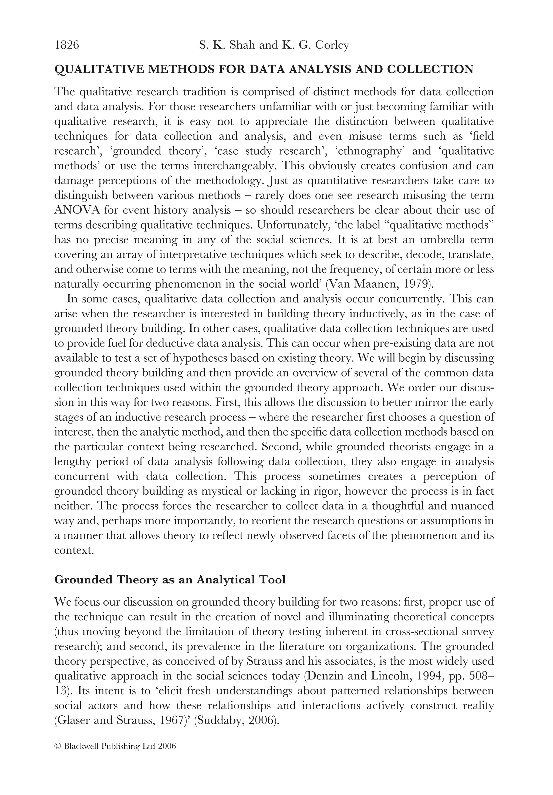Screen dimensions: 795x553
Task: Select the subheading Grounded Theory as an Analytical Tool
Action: (170, 580)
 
